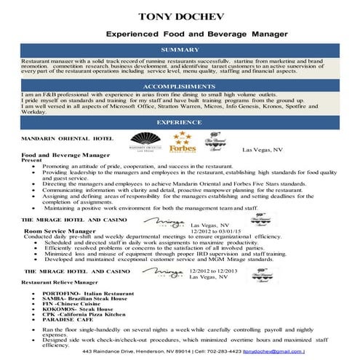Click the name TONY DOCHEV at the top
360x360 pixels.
pos(179,15)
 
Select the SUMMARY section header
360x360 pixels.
pos(179,49)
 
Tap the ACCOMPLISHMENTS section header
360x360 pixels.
pos(179,85)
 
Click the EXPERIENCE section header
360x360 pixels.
pos(179,121)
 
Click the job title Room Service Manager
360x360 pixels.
pos(60,231)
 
